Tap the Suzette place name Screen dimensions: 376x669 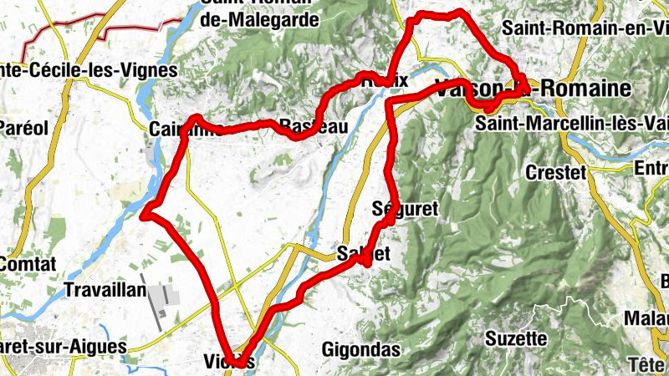click(518, 339)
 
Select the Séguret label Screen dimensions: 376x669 click(404, 209)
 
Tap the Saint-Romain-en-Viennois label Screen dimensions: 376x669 click(585, 27)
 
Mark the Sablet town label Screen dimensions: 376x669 click(364, 252)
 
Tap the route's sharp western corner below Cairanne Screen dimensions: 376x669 click(145, 216)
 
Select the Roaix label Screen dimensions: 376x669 click(384, 80)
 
